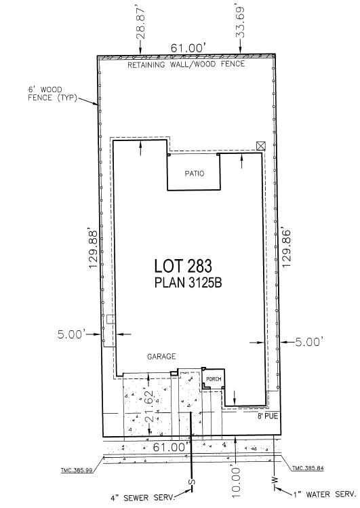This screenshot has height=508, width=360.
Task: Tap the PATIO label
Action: (x=195, y=174)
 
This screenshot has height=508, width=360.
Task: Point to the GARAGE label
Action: (x=161, y=356)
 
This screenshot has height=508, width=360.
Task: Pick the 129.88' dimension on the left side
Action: (x=94, y=249)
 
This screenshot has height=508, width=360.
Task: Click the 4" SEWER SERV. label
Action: (x=142, y=497)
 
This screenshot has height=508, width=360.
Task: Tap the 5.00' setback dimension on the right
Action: (x=309, y=342)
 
